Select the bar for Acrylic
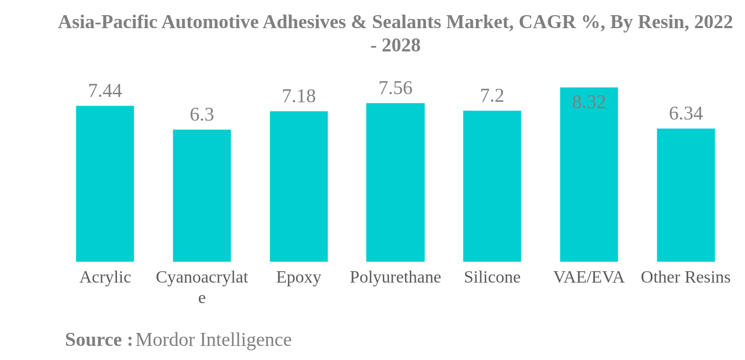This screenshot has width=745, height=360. click(x=104, y=184)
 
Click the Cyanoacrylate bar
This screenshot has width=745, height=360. click(x=201, y=195)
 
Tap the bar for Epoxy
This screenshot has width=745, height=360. click(x=298, y=186)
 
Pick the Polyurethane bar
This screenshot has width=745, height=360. click(x=395, y=182)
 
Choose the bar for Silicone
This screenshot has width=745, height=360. click(x=492, y=186)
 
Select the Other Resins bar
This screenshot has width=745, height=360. click(x=685, y=195)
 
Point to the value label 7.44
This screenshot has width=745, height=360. click(x=104, y=91)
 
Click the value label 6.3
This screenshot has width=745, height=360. click(x=201, y=115)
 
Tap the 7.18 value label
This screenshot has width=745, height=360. click(x=298, y=96)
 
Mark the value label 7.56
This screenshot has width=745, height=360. click(x=395, y=88)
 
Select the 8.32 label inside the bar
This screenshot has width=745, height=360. click(x=589, y=102)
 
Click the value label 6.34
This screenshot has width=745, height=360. click(x=685, y=114)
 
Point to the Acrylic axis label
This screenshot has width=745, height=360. click(x=105, y=277)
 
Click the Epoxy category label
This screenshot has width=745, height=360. click(x=298, y=277)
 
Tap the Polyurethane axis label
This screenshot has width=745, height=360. click(x=395, y=277)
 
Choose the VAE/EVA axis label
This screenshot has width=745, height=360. click(x=589, y=277)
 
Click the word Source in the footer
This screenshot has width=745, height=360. click(x=93, y=340)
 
